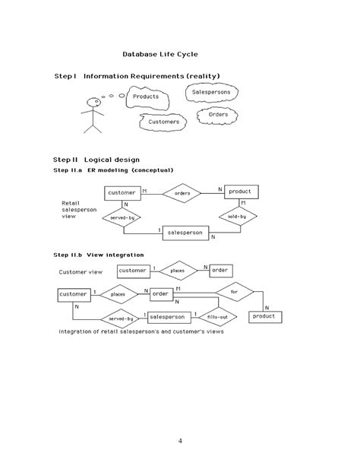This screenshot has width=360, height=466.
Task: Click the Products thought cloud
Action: coord(146,97)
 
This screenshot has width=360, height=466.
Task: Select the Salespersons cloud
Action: coord(212,92)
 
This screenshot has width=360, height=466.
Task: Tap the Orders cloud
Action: coord(218,115)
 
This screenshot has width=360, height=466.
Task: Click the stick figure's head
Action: coord(93,102)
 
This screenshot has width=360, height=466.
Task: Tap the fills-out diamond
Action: coord(215,316)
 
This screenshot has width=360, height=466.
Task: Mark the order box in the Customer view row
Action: coord(220,270)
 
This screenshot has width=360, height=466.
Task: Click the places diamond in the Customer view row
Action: coord(177,270)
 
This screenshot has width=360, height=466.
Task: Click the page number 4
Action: coord(180,442)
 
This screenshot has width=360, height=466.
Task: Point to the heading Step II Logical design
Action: coord(96,160)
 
